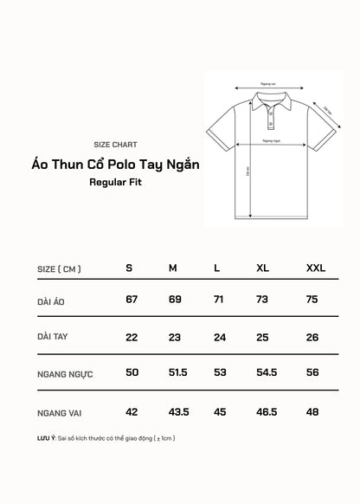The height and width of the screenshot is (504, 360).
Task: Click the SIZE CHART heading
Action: [x=114, y=145]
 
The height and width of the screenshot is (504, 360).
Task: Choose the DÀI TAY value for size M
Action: [x=173, y=337]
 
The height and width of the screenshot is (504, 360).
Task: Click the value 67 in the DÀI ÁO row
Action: [x=132, y=300]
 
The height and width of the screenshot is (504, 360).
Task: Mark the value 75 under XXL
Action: [x=312, y=300]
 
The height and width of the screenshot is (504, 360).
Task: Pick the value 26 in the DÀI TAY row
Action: [x=312, y=337]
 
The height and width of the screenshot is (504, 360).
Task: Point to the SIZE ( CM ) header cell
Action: [x=60, y=268]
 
